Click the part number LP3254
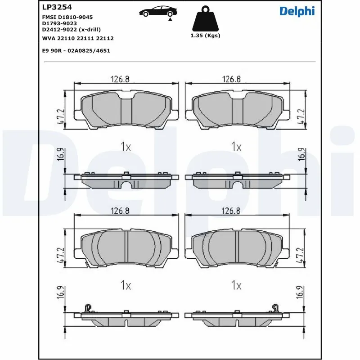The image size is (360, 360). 57,7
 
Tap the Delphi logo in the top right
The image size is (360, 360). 297,11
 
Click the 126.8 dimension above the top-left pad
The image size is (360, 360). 120,79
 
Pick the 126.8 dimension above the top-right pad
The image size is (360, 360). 231,79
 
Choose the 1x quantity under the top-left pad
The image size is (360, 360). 126,146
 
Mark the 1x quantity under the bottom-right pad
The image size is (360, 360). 236,285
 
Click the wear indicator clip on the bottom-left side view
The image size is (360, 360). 88,308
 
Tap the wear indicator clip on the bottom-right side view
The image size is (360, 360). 274,308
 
